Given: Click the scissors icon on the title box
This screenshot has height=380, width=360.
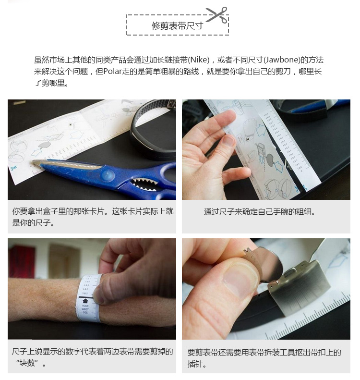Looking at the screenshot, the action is (x=216, y=14).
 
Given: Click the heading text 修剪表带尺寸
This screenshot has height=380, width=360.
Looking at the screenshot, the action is (x=177, y=26).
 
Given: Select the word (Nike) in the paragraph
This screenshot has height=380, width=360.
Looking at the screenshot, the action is (x=199, y=60).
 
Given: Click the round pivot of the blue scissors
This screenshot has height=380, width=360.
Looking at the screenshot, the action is (x=107, y=174).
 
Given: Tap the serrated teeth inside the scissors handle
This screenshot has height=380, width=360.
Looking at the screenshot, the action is (x=144, y=184).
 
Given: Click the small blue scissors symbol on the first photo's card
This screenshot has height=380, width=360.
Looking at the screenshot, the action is (x=13, y=168).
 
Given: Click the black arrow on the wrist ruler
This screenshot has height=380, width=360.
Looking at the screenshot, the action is (x=85, y=301).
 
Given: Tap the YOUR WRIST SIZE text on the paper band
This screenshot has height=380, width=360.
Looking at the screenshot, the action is (x=85, y=309).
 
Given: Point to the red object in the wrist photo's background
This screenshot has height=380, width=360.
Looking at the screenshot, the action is (x=22, y=262).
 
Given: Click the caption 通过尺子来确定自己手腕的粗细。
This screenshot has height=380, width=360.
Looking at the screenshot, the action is (x=260, y=212).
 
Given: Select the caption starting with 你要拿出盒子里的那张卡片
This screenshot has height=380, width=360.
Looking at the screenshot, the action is (x=93, y=217).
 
